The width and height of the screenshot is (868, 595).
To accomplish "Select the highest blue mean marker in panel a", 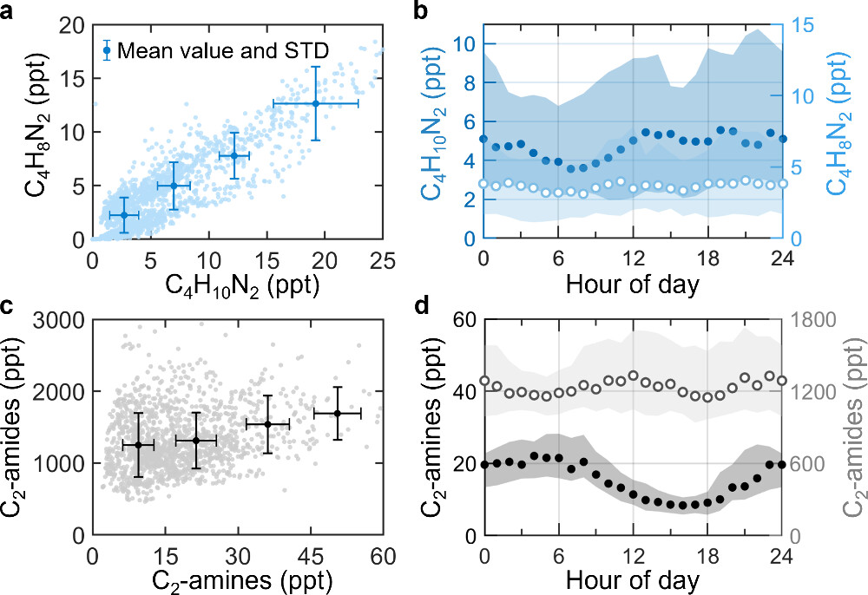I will [x=316, y=103].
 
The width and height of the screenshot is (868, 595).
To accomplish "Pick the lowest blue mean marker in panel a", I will [x=123, y=215].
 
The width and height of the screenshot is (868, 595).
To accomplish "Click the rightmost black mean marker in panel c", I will [x=337, y=413].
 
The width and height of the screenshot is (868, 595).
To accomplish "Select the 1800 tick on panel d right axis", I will [x=814, y=320].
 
